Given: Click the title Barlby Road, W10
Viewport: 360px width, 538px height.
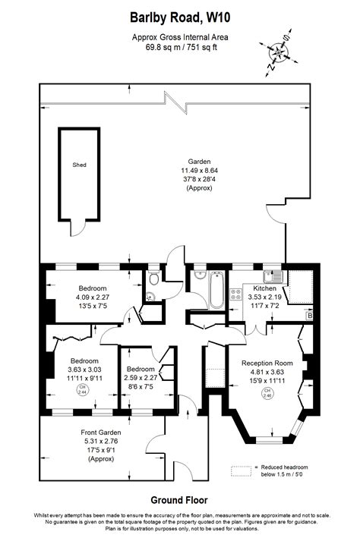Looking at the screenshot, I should [x=179, y=16].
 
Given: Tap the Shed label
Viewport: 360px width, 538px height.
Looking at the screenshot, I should [x=79, y=164].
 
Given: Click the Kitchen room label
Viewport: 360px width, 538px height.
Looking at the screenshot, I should [x=264, y=289].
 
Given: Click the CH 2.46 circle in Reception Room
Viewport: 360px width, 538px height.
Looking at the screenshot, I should [x=267, y=393].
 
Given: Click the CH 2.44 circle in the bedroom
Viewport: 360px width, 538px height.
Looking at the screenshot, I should [x=82, y=389].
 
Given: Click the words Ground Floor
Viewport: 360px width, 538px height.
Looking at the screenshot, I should [x=179, y=500].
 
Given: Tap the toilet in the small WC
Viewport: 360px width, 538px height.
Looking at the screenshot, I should [x=153, y=298].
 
